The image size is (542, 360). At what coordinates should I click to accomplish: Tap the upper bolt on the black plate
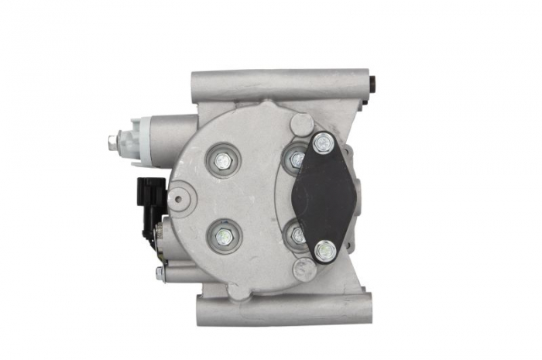pyautogui.click(x=323, y=143)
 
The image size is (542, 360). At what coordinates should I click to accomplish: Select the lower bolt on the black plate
pyautogui.click(x=327, y=249)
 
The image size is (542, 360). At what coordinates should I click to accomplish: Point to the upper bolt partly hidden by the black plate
pyautogui.click(x=296, y=159)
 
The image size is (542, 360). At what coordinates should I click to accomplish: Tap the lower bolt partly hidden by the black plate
pyautogui.click(x=297, y=233)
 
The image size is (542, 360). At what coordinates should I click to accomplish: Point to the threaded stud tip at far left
pyautogui.click(x=114, y=142)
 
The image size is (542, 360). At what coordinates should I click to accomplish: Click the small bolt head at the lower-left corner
pyautogui.click(x=160, y=273)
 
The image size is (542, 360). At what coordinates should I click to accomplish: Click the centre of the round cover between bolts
pyautogui.click(x=256, y=197)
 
